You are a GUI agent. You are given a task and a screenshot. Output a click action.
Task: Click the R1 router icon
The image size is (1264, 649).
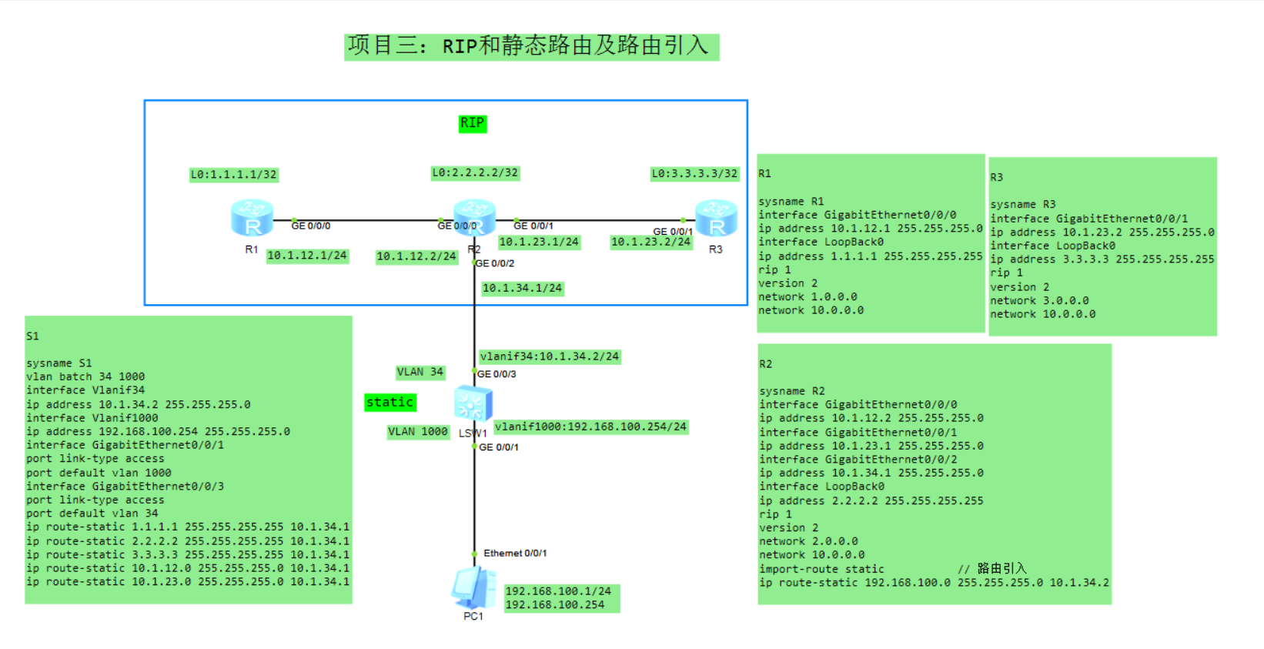pos(252,218)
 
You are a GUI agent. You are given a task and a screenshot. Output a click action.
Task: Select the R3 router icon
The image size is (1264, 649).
pos(716,218)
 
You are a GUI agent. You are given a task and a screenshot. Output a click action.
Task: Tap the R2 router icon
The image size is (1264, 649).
pos(474,217)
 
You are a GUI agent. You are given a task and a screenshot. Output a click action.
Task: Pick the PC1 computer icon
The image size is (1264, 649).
pos(473,588)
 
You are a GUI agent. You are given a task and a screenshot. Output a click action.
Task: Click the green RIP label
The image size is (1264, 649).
pos(472,123)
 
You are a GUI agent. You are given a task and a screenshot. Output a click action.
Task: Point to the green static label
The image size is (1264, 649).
pos(390,402)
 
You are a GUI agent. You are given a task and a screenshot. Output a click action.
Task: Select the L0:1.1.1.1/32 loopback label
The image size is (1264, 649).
pos(233,175)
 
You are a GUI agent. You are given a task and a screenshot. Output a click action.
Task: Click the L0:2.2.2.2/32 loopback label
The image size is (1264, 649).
pos(475,173)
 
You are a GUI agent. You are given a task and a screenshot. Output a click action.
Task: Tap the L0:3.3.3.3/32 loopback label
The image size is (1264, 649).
pos(694,174)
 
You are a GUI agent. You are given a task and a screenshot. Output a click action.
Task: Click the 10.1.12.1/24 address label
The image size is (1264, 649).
pos(307,256)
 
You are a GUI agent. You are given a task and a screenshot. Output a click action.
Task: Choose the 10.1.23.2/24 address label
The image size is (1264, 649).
pos(650,242)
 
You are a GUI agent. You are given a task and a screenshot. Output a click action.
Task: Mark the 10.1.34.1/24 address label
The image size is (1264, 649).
pos(522,288)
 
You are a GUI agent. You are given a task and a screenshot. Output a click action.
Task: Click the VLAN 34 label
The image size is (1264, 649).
pos(420,372)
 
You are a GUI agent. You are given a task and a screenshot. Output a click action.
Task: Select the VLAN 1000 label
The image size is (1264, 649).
pos(417,432)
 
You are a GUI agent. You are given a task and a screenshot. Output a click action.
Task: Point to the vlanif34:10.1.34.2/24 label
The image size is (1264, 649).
pos(549,356)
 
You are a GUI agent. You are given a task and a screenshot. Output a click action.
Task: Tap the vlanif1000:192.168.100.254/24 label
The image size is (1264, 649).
pos(590,427)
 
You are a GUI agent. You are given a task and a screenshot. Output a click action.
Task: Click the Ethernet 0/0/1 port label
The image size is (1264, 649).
pos(515,553)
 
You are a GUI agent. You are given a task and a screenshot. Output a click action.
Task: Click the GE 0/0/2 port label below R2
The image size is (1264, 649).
pos(495,263)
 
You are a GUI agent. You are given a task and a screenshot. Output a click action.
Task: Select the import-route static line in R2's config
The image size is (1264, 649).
pos(821,569)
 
